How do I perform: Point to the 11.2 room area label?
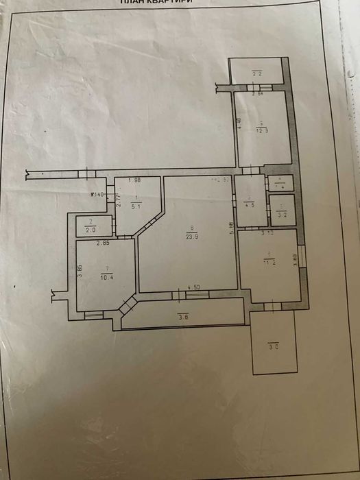point(267,261)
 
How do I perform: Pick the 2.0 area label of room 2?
point(91,230)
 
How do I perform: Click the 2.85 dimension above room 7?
point(103,243)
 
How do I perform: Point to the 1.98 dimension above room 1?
point(134,180)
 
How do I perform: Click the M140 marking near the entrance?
point(97,195)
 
